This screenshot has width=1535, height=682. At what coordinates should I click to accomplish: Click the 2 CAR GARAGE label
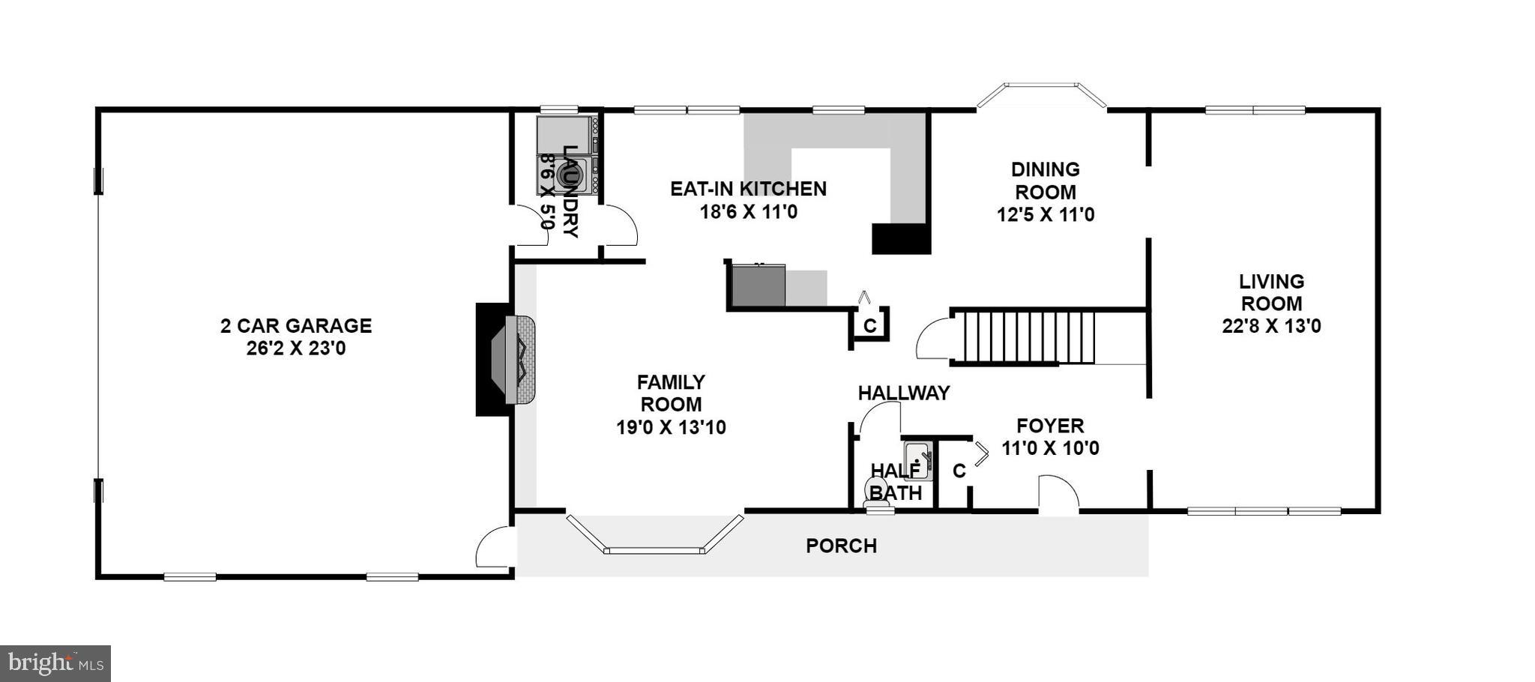pos(296,326)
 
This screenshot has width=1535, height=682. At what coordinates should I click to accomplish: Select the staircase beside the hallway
pos(1028,338)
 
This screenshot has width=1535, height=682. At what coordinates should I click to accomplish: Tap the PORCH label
pos(841,546)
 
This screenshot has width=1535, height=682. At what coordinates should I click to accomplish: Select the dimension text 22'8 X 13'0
pos(1271,327)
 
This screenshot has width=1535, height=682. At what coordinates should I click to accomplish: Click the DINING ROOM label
pos(1045,181)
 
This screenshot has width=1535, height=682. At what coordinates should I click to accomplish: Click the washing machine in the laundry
pos(567,175)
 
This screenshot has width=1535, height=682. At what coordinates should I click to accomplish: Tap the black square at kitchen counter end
pos(901,238)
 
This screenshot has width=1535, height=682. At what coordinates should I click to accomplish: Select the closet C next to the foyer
pos(959,471)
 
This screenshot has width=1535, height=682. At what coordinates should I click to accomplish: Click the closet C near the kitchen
pos(869,326)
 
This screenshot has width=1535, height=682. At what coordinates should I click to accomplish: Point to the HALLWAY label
pos(903,393)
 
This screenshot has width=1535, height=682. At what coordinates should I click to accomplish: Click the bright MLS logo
pos(55,663)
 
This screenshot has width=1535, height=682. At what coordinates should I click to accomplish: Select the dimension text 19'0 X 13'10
pos(671,428)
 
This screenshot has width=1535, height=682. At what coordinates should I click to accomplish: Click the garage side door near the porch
pos(495,548)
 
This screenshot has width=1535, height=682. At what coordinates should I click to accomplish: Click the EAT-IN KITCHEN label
pos(748,189)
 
